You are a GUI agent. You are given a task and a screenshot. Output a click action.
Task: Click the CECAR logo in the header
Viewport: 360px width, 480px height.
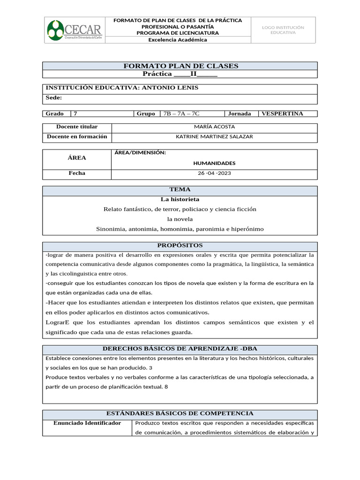coord(75,30)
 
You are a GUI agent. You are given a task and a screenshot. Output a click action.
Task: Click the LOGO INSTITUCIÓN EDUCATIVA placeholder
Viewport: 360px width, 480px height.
coord(283,30)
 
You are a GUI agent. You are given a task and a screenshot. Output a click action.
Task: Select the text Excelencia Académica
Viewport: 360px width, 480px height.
coord(178,40)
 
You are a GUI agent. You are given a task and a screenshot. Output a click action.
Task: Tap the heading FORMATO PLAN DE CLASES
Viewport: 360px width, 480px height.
coord(180,66)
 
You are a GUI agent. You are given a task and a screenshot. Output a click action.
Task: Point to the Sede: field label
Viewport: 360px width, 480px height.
coord(53,98)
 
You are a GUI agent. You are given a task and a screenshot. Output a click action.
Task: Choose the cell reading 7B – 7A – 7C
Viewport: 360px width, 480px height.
coord(180,113)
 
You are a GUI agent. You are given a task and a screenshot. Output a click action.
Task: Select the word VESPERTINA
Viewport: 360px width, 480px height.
coord(282,113)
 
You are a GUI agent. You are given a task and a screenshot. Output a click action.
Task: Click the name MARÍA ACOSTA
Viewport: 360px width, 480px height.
coord(214,127)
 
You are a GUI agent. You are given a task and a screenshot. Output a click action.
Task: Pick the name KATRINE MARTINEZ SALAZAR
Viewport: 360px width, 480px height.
coord(214,137)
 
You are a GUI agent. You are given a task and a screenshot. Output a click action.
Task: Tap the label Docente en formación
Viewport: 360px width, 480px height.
coord(77,137)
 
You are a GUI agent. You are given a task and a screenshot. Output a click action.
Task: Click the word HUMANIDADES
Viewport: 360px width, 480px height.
coord(214,163)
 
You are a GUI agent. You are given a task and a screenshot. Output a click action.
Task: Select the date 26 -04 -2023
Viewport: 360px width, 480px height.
coord(214,173)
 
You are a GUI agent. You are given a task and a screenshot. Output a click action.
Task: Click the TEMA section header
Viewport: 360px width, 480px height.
coord(180,190)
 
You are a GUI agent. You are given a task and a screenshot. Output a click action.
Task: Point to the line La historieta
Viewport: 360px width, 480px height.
coord(180,200)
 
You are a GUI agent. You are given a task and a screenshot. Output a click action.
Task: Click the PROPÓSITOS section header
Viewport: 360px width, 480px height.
coord(180,246)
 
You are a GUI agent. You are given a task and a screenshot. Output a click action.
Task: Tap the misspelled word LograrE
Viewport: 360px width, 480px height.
coord(58,322)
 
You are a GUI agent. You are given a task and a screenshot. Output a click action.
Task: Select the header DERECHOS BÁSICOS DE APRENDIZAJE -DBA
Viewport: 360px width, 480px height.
coord(180,349)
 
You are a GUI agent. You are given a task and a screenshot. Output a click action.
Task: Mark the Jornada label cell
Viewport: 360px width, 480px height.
coord(240,113)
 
